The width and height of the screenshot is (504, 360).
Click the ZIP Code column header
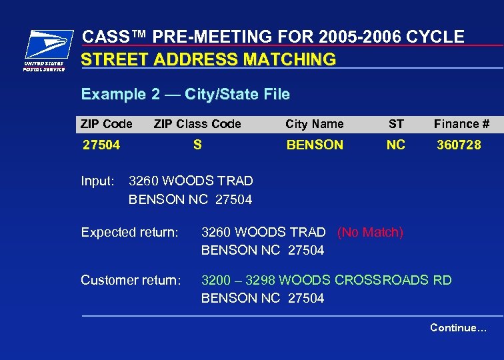pos(107,124)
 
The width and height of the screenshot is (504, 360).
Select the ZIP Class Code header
pos(197,124)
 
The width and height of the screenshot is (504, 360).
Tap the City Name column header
pos(315,124)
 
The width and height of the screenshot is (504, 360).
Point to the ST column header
pos(396,124)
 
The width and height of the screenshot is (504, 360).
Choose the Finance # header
pos(461,124)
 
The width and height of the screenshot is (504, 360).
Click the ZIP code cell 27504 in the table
pos(101,145)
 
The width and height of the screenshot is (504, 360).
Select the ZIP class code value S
pos(197,145)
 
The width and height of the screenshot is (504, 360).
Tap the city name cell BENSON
pos(315,145)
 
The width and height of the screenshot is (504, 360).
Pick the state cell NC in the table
pos(396,145)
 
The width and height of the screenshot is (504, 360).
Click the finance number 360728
pos(459,145)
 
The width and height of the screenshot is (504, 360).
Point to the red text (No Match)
pos(370,233)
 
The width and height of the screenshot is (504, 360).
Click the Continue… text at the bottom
pos(458,327)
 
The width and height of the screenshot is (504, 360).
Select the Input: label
pos(98,181)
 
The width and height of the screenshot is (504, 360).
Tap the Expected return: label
pos(129,233)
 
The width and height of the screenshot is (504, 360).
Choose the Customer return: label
pos(131,281)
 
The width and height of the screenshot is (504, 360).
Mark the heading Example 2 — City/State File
pos(185,95)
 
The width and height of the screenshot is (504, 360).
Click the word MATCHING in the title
pos(290,59)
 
